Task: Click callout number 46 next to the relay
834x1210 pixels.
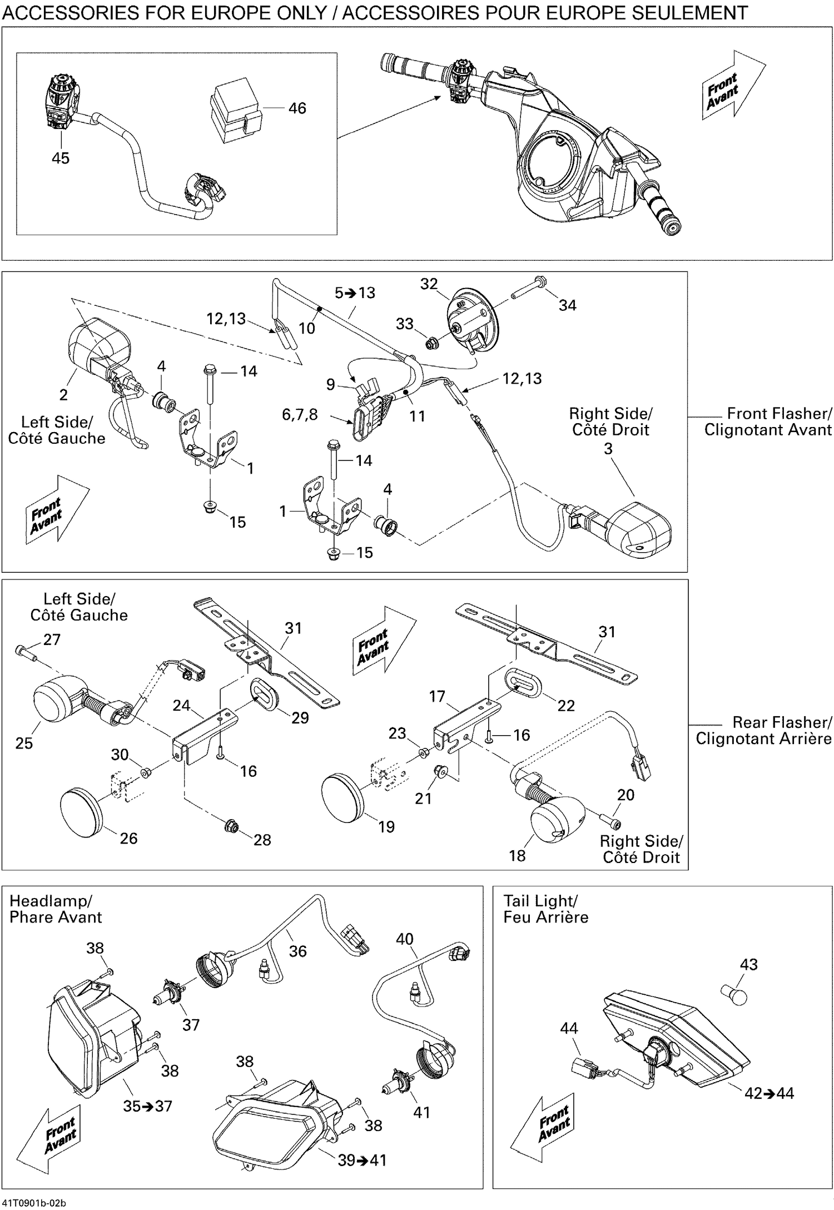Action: tap(297, 108)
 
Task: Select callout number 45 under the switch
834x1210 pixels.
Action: tap(60, 158)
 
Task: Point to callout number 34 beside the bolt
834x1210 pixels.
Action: tap(567, 305)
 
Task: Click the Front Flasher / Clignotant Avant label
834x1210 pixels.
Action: tap(768, 421)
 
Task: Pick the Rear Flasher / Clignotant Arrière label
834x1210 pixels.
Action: tap(764, 730)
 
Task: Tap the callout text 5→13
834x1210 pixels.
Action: tap(355, 293)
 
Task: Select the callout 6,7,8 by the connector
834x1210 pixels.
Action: tap(300, 414)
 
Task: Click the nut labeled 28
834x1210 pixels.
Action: tap(231, 826)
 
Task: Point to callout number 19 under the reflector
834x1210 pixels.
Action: tap(386, 826)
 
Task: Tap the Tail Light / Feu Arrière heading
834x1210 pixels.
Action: tap(545, 909)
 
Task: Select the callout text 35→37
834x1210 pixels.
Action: tap(148, 1106)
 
